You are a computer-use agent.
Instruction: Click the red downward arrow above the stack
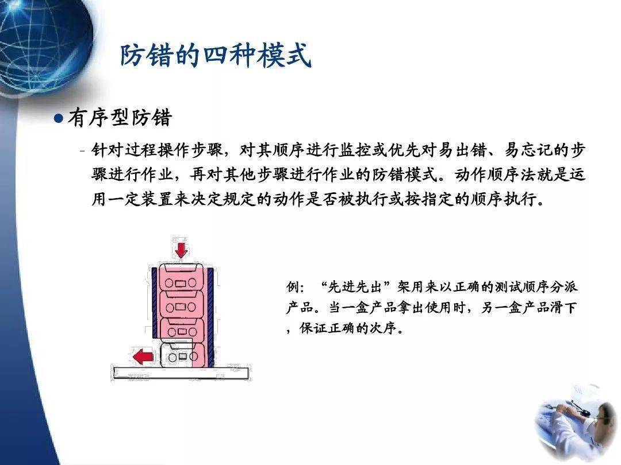181,250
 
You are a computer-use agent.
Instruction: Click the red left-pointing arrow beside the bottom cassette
143,357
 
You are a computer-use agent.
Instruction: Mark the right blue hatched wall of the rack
210,316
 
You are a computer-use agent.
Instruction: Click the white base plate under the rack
179,373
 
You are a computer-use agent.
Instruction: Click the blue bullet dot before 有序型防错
57,118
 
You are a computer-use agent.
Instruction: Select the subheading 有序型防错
120,118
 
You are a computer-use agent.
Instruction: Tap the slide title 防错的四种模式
216,56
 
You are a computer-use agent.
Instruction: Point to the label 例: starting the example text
297,286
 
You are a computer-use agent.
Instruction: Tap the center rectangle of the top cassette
181,284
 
